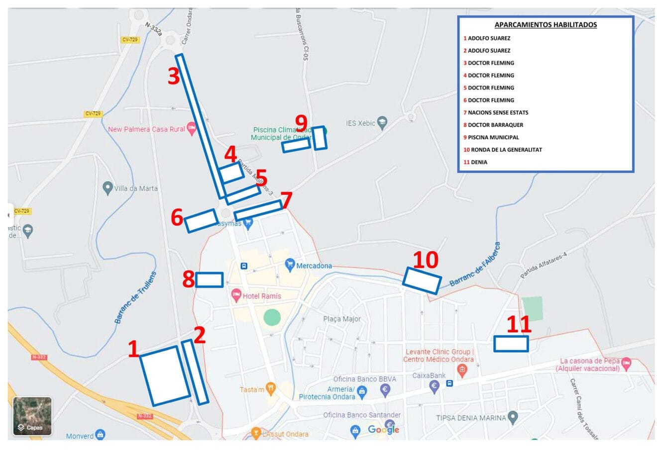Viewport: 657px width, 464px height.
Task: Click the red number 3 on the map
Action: coord(173,77)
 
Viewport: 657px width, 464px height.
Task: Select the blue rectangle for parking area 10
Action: coord(422,281)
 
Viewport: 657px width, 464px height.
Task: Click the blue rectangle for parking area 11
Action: coord(511,344)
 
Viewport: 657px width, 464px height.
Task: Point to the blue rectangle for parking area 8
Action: coord(209,280)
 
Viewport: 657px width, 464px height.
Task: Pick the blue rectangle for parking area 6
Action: coord(201,220)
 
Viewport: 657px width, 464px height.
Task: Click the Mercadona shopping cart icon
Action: coord(290,264)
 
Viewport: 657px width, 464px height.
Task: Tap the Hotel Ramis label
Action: coord(261,296)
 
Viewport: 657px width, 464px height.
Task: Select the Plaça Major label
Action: coord(342,319)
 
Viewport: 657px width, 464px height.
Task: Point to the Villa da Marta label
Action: coord(135,188)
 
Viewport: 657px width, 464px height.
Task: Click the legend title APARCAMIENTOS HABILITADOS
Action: coord(546,25)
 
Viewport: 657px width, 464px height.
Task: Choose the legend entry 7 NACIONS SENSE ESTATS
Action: coord(496,112)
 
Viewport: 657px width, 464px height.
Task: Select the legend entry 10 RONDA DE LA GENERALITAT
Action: coord(503,150)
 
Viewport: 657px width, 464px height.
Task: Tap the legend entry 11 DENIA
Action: coord(475,162)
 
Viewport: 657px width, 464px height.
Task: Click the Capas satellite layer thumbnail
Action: coord(32,416)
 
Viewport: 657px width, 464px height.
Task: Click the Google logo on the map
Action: coord(383,429)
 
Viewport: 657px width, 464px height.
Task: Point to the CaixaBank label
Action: coord(429,375)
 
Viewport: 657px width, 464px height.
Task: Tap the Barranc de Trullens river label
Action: coord(135,298)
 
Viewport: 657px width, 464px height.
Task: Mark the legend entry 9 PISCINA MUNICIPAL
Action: coord(491,137)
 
